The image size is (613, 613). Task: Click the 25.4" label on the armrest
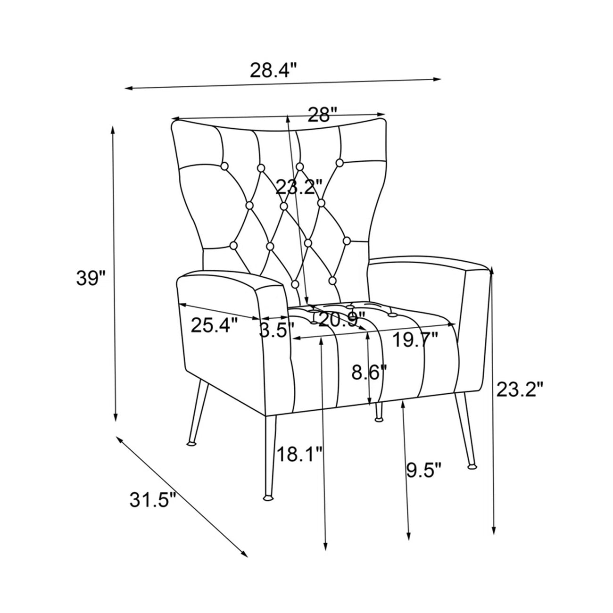pos(215,325)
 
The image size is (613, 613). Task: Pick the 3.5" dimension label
pos(274,330)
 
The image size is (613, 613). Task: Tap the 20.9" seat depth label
pos(341,320)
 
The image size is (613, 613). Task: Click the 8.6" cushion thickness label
pos(369,372)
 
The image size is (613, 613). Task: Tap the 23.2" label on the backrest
pos(298,187)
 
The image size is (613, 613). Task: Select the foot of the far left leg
pos(191,443)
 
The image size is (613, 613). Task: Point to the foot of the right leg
pos(472,467)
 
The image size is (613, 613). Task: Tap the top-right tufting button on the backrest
pos(340,163)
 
